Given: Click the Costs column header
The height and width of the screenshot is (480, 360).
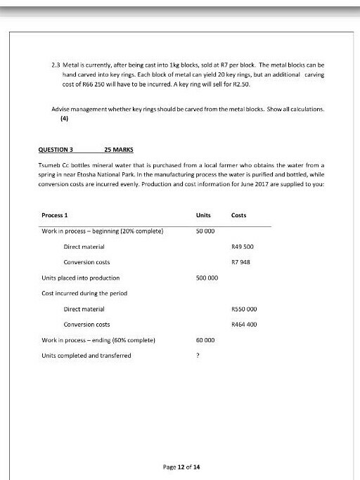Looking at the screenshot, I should coord(239,214).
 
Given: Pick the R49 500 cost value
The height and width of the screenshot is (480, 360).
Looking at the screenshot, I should coord(242,247).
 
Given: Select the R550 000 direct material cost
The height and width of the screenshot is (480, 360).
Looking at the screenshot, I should coord(243,309).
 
